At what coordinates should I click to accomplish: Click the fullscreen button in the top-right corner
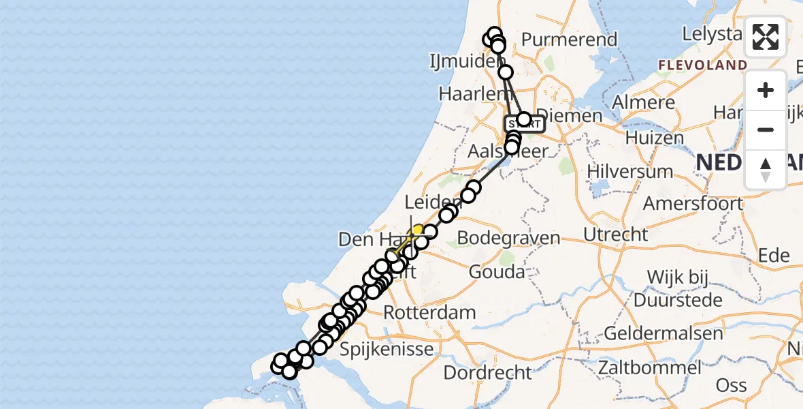766,37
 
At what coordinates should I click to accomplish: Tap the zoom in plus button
766,90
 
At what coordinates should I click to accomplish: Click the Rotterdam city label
429,313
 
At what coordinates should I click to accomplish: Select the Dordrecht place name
487,373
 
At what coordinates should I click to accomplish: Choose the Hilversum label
629,171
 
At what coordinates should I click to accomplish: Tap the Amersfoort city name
693,203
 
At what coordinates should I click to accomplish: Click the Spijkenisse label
386,350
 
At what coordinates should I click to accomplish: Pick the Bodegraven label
508,239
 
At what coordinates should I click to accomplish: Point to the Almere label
643,103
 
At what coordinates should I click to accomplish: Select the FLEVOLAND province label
702,65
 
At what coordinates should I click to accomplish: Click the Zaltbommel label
649,367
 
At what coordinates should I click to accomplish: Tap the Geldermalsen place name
663,333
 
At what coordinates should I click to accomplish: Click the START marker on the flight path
524,124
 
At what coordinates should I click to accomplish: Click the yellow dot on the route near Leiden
418,230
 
